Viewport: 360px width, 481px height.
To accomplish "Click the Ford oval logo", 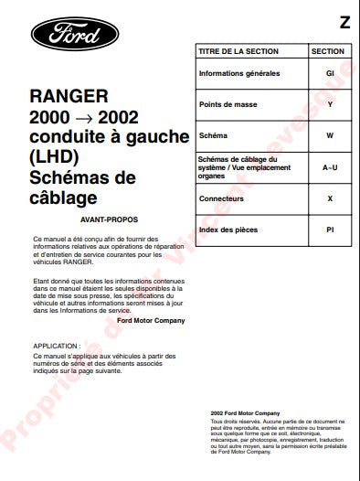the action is coord(74,36).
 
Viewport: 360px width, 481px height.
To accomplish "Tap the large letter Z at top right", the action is coord(344,20).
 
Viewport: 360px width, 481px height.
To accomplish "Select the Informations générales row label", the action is coord(239,73).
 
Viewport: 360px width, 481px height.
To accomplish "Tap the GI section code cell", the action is coord(330,73).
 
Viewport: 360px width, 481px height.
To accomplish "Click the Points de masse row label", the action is coord(228,104).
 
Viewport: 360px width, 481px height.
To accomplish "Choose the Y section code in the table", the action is coord(330,104).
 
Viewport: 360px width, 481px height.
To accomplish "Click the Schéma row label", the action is coord(214,136).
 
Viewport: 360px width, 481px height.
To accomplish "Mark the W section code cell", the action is coord(330,136).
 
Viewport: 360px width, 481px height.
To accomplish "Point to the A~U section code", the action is coord(330,167).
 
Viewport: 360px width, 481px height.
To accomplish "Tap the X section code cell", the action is coord(330,198).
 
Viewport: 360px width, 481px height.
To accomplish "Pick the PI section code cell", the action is coord(330,230).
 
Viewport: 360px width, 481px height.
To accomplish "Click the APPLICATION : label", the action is coord(56,347).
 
